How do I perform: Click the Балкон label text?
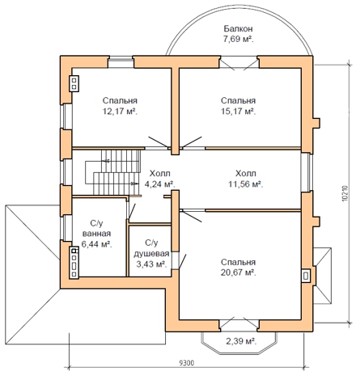coord(238,28)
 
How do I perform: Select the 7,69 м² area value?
coord(238,40)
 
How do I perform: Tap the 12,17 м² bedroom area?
coord(120,111)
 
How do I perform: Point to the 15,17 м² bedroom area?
coord(238,111)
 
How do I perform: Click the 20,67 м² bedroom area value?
coord(238,272)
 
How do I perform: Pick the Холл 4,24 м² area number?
coord(160,184)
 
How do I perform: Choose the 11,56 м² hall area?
coord(246,184)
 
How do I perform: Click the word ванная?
coord(96,234)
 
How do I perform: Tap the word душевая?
coord(151,254)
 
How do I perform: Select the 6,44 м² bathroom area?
coord(96,244)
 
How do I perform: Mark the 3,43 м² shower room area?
coord(151,264)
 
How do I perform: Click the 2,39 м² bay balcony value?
coord(241,341)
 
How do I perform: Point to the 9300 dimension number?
coord(187,363)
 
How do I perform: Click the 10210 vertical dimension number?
coord(345,193)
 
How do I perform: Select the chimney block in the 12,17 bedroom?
coord(74,83)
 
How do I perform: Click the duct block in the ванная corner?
coord(74,263)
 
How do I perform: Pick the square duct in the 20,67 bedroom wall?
coord(306,276)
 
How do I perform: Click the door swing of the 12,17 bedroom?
coord(159,143)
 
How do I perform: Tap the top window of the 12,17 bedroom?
coord(121,62)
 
